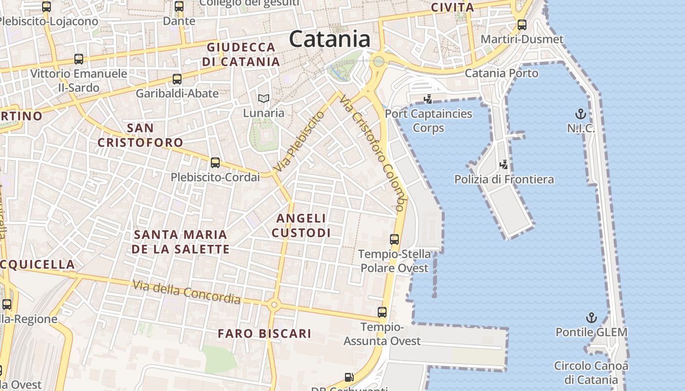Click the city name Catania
[329, 39]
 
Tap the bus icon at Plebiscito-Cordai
[215, 163]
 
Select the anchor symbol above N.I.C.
[580, 115]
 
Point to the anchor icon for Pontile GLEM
[592, 318]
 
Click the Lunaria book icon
[264, 99]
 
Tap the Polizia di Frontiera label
[504, 179]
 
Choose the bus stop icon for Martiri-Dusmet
[522, 25]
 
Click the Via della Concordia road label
[186, 292]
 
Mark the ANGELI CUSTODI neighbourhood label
[301, 225]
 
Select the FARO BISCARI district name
[264, 334]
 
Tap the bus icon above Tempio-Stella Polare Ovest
[394, 239]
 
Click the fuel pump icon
[349, 377]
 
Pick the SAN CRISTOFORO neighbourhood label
[140, 135]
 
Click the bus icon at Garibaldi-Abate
[177, 79]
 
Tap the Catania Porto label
[501, 73]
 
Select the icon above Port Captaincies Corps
[428, 99]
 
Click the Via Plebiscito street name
[299, 141]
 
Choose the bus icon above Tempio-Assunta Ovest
[382, 312]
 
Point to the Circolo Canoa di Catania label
[591, 372]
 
